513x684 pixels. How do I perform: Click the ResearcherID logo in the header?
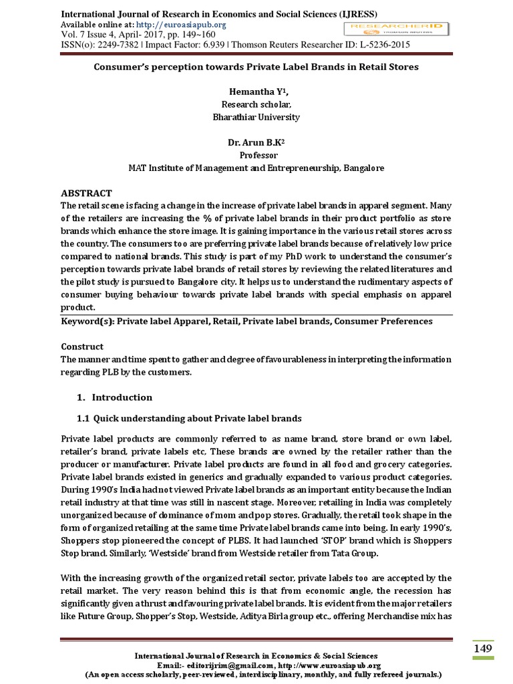(x=396, y=28)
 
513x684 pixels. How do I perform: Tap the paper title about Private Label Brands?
(x=256, y=67)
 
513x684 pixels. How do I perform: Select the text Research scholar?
(x=256, y=104)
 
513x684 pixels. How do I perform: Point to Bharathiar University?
(x=256, y=117)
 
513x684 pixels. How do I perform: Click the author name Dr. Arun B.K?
(x=256, y=142)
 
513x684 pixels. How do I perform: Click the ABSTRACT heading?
(x=87, y=193)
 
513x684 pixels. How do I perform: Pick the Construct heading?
(x=82, y=347)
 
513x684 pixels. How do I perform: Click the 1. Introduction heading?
(x=115, y=397)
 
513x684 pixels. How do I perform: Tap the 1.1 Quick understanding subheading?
(x=190, y=418)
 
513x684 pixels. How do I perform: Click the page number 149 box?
(x=483, y=649)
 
